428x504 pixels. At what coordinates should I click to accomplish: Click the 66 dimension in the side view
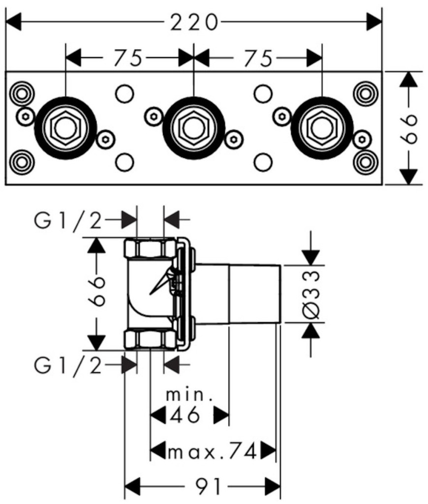tap(97, 291)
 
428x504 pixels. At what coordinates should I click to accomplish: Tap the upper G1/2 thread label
tap(68, 221)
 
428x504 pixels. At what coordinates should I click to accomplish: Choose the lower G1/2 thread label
tap(68, 365)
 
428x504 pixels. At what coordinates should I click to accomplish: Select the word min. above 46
tap(189, 395)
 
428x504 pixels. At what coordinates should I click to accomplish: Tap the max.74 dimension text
tap(213, 450)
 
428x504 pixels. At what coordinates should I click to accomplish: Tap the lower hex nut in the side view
tap(150, 339)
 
